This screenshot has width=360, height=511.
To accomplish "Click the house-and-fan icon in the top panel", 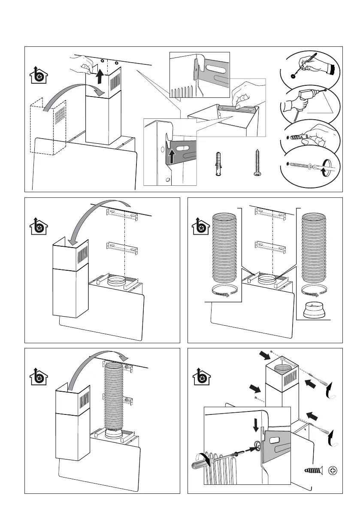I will [x=39, y=76].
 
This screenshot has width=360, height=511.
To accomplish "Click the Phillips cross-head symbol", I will [x=333, y=471].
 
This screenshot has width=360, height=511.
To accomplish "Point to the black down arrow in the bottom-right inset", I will [x=256, y=425].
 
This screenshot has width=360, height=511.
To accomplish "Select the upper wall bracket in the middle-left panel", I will [x=122, y=215].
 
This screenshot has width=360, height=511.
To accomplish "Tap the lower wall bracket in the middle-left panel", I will [x=122, y=248].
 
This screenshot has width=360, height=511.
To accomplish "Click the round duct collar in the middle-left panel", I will [x=117, y=281].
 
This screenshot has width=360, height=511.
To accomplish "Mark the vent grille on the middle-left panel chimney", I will [x=82, y=256].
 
